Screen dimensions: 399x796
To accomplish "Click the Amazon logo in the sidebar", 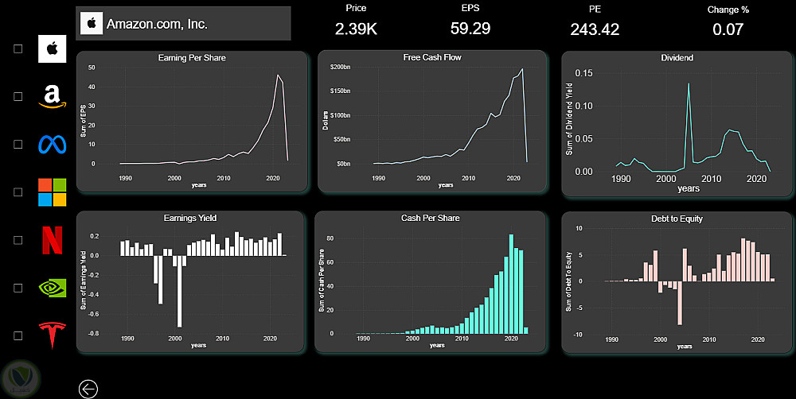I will coord(53,96).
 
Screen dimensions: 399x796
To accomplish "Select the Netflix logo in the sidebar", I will coord(53,239).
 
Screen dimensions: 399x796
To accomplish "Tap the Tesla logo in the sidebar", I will coord(53,335).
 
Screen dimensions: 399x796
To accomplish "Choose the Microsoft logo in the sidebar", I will coord(53,192).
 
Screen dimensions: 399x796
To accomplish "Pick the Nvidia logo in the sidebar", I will coord(53,287).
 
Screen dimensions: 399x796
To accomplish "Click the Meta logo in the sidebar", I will coord(53,145).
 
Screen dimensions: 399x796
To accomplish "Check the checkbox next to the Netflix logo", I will coord(18,240).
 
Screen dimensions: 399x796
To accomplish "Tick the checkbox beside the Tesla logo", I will coord(18,335).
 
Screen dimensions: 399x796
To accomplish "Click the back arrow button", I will coord(88,389).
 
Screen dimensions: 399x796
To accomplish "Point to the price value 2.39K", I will coord(356,29).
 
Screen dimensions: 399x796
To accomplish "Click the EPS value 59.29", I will coord(470,29).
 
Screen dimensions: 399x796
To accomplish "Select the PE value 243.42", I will coord(595,30).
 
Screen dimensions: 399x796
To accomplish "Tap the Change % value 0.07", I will coord(728,30).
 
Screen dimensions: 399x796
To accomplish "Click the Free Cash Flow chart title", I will coord(432,58).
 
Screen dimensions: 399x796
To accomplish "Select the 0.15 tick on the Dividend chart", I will coord(584,72).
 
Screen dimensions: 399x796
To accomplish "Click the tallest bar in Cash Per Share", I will coord(511,284).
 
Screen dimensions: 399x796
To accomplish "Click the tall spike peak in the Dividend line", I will coord(689,83).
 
